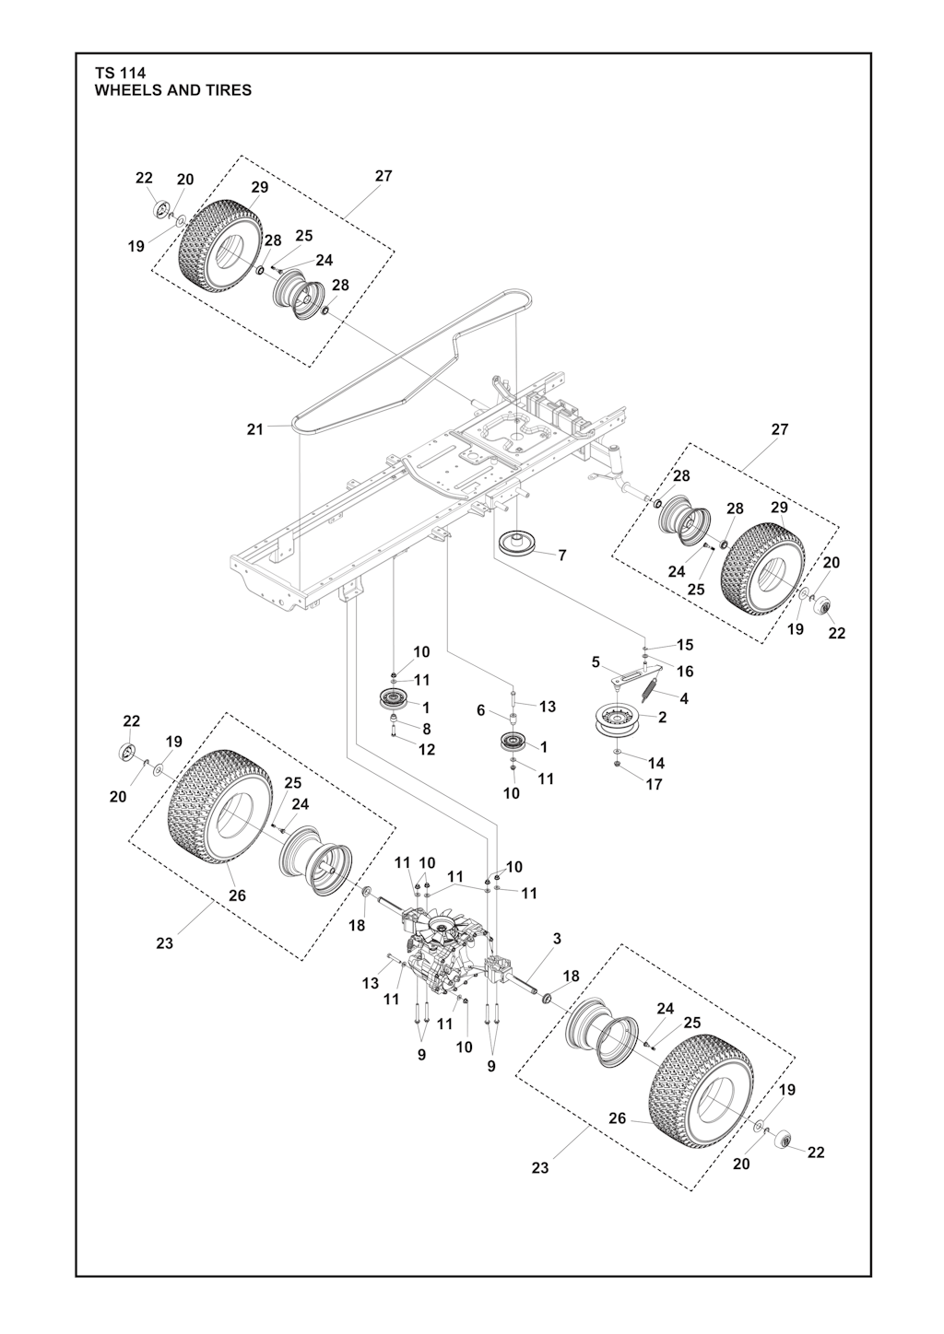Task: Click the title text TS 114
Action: [120, 73]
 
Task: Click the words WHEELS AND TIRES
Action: [172, 90]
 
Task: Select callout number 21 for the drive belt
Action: [255, 428]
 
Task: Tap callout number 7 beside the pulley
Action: [562, 556]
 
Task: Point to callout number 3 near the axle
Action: [557, 939]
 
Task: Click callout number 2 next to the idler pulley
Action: [663, 717]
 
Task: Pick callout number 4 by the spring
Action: [683, 698]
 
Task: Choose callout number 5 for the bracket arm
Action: [596, 661]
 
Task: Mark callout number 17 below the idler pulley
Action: [654, 785]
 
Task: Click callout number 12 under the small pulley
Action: [426, 750]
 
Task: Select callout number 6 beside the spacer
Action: [480, 710]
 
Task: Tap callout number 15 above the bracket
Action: [684, 645]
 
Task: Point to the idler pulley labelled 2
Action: [617, 720]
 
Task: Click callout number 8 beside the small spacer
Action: [425, 728]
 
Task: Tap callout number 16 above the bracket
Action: [685, 672]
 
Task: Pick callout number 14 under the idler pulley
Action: [655, 763]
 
